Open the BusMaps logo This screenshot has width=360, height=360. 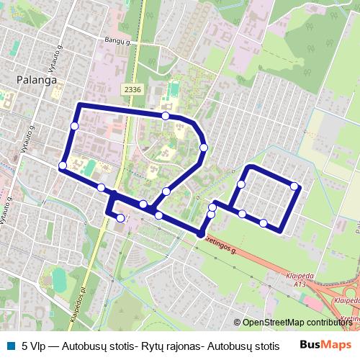pos(331,346)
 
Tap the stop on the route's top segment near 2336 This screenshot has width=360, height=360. pos(166,116)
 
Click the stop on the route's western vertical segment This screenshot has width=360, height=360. pos(74,127)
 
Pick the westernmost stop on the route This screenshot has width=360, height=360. pos(63,166)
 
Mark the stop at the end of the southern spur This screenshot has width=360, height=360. pos(120,218)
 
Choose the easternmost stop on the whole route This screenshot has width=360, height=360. pos(294,186)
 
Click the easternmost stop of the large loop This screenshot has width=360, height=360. pos(204,148)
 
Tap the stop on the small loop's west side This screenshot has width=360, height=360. pos(240,184)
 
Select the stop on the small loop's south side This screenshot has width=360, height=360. pos(264,222)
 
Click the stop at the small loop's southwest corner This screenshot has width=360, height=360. pos(243,214)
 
